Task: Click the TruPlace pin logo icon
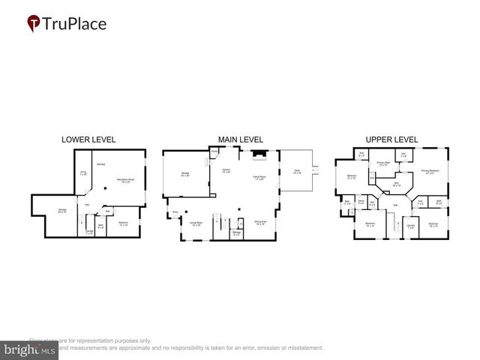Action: tap(33, 24)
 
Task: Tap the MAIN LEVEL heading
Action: tap(240, 139)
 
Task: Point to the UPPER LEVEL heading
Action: tap(391, 139)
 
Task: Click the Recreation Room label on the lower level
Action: tap(124, 180)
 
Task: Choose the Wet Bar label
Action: tap(101, 164)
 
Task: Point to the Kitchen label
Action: tap(224, 171)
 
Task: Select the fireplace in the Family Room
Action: tap(259, 156)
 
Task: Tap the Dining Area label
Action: tap(261, 222)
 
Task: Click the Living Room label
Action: tap(196, 223)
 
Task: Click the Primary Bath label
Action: tap(382, 163)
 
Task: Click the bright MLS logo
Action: tap(30, 350)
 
